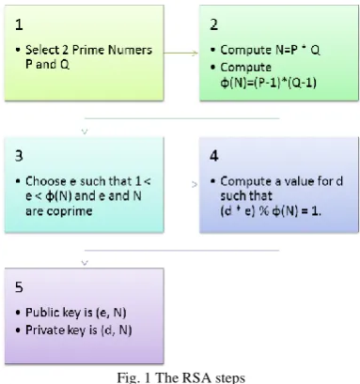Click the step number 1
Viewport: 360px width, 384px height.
coord(19,24)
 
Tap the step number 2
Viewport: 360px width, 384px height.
coord(214,24)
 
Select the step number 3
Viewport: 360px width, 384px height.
coord(19,156)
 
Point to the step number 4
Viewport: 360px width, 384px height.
coord(214,156)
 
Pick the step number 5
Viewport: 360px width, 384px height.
coord(19,287)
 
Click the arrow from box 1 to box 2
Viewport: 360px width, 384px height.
coord(180,53)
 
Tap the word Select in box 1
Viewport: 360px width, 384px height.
coord(42,50)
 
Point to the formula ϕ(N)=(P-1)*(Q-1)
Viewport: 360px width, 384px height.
coord(268,83)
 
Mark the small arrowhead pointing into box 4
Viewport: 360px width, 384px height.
coord(195,185)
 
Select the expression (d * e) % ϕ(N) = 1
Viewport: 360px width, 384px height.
coord(271,211)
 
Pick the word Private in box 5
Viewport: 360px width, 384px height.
coord(45,330)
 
